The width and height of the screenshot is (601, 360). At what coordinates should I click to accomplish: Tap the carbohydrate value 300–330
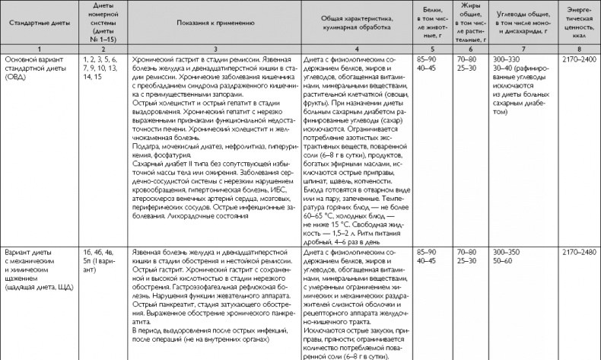(x=507, y=59)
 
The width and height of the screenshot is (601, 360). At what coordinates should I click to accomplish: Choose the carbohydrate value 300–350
(x=507, y=250)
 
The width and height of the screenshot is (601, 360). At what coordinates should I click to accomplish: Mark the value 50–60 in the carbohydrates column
(x=502, y=260)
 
